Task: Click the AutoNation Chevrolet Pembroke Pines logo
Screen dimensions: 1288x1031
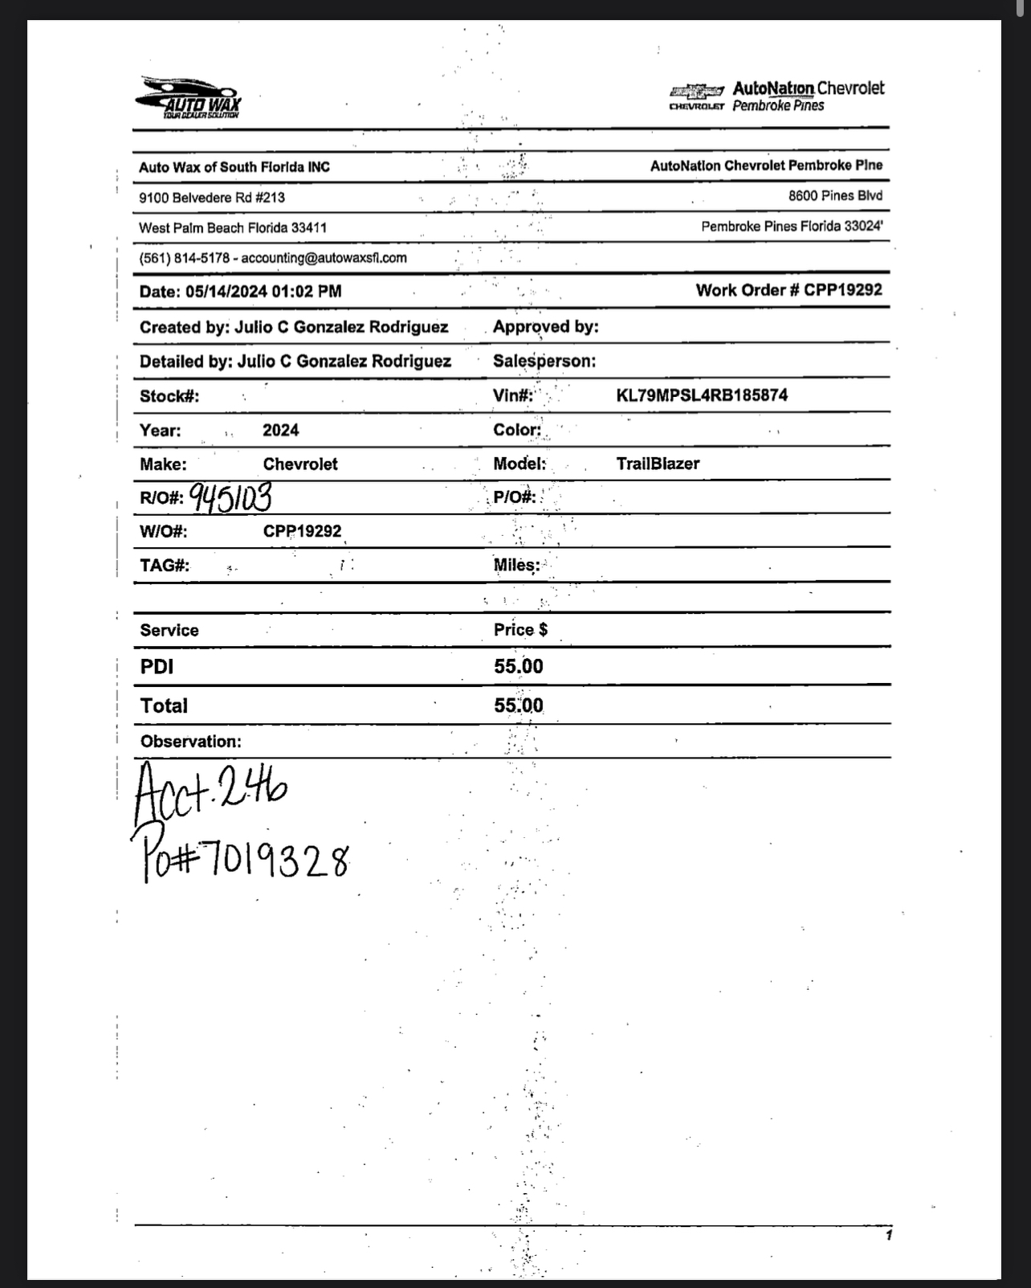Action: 776,96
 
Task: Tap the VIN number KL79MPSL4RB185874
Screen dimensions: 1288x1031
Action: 702,395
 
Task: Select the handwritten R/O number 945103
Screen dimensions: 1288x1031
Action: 231,497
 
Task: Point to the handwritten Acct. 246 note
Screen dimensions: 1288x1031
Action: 210,791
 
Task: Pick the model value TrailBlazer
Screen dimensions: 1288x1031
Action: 658,464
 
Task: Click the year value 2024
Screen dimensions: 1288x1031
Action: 280,430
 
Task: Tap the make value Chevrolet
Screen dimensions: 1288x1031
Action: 300,464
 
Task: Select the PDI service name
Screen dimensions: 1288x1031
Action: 157,666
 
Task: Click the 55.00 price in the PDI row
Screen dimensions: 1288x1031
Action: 518,666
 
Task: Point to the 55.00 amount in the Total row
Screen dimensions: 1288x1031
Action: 518,705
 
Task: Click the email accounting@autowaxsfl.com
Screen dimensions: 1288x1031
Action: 324,258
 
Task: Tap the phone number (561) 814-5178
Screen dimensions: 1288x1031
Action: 184,258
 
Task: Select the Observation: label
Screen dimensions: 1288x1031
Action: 190,741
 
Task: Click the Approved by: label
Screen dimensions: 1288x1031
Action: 545,326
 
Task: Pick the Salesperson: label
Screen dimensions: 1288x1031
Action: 544,361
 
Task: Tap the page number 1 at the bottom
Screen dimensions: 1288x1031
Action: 888,1235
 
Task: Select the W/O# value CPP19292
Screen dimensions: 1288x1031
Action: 302,531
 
